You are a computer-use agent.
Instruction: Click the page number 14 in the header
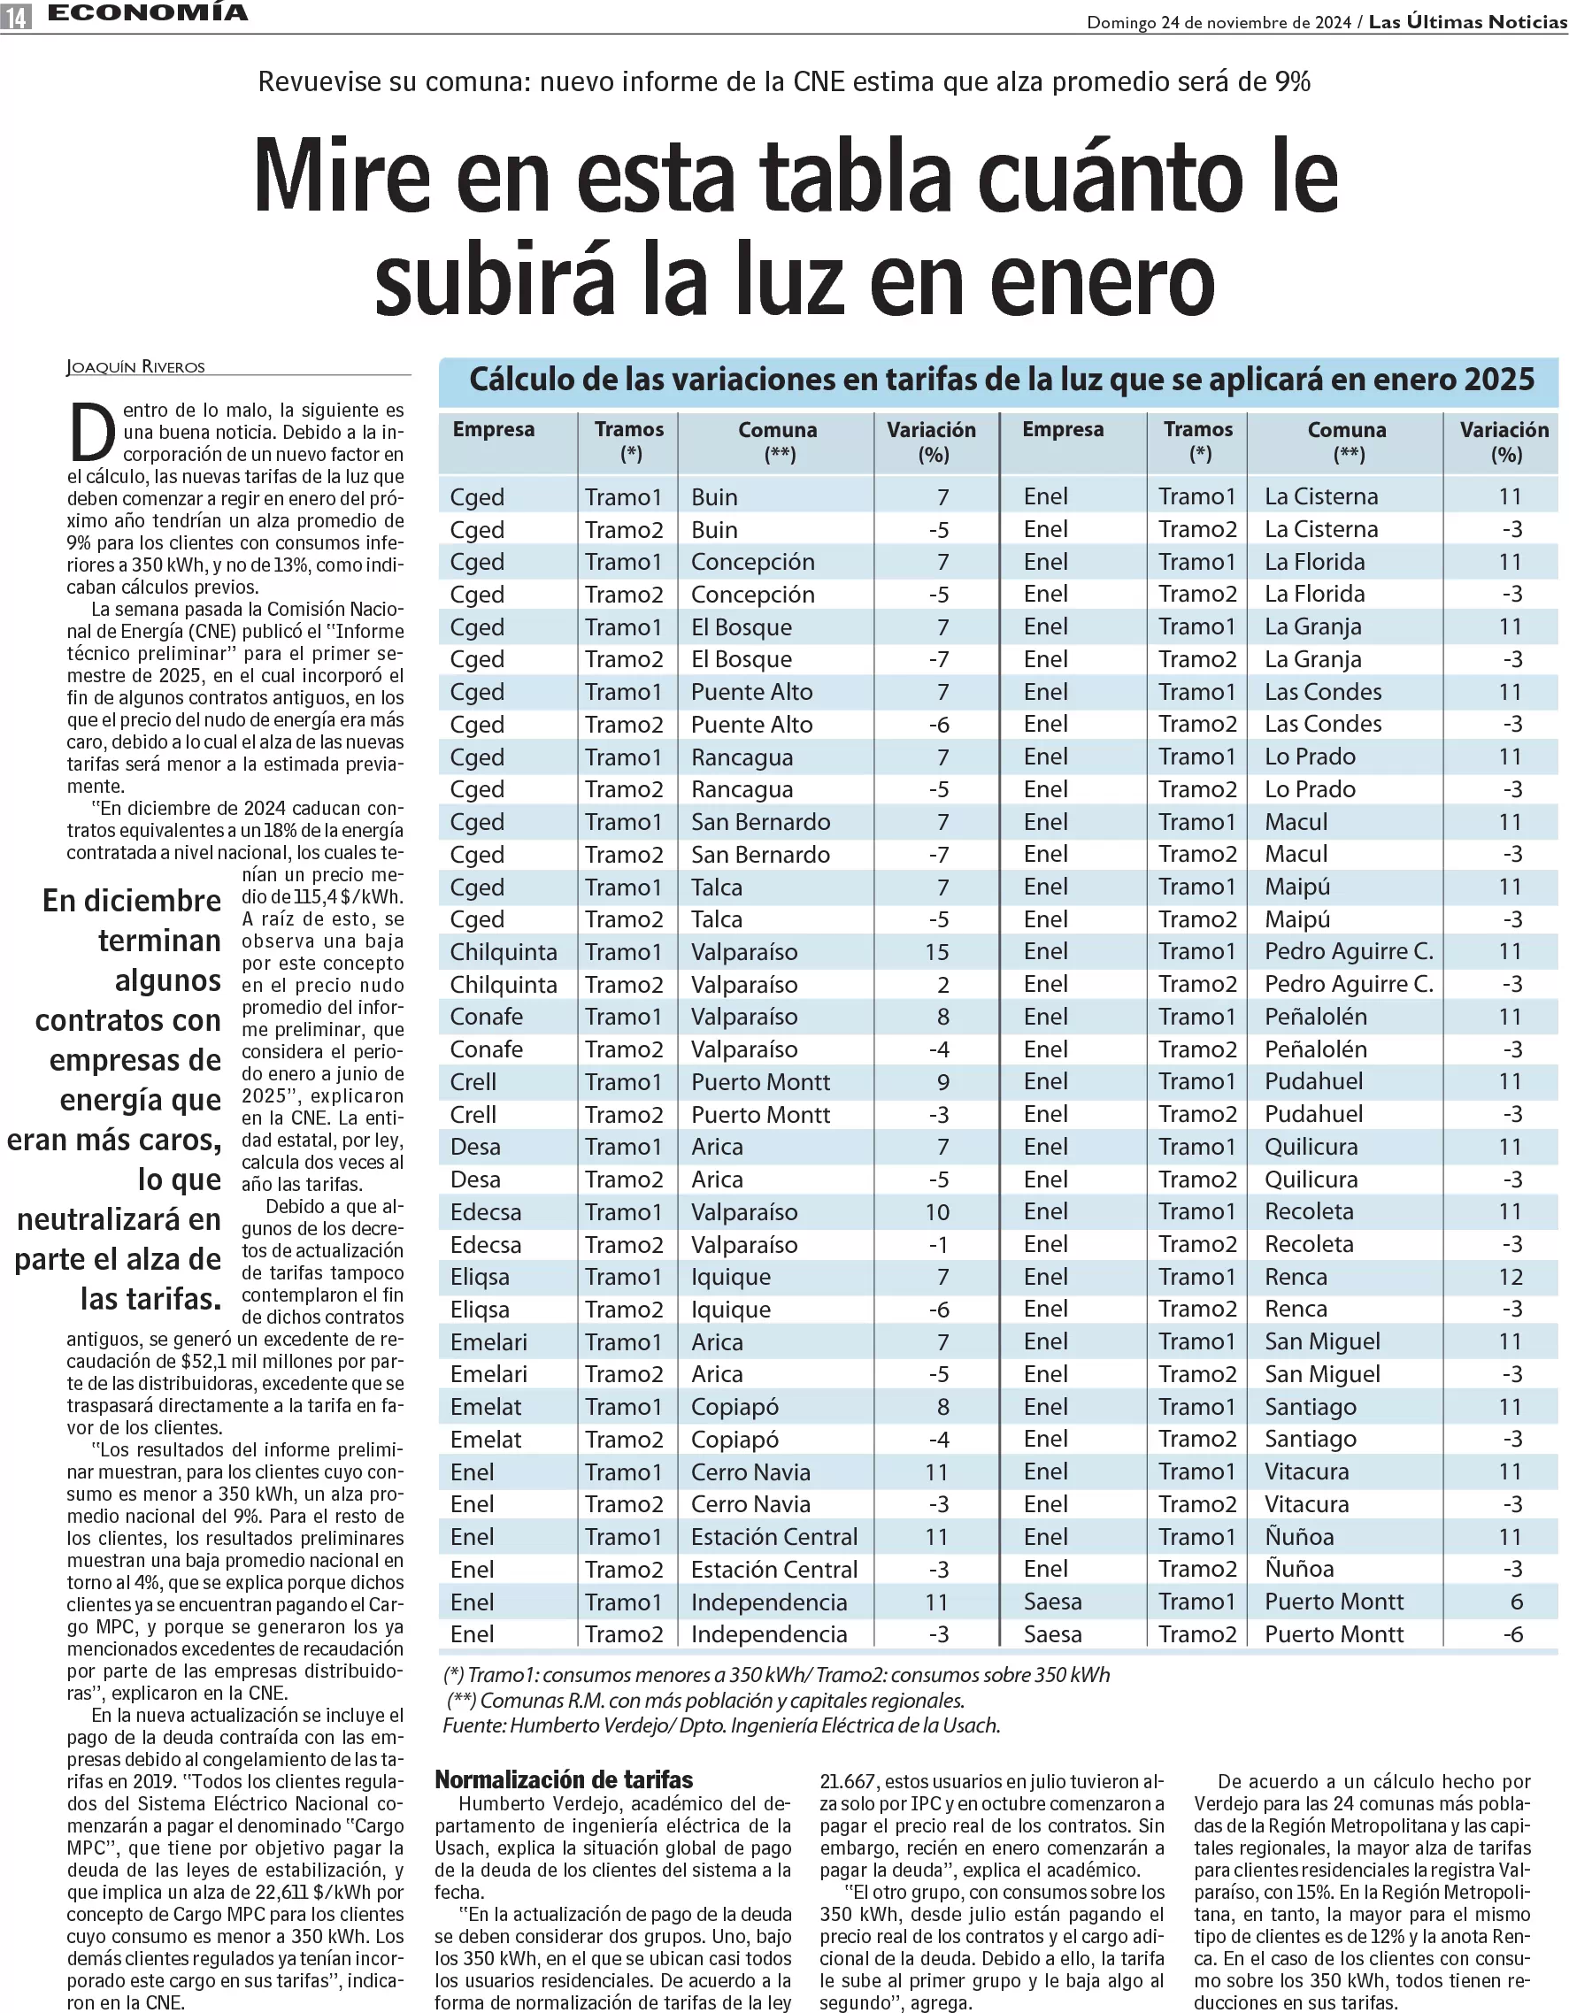[16, 16]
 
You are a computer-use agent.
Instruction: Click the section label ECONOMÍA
[148, 13]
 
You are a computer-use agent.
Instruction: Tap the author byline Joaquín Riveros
[135, 367]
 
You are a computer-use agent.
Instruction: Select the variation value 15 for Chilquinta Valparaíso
[936, 952]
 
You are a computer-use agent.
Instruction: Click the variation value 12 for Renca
[1510, 1277]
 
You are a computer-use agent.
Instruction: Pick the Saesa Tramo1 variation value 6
[1517, 1602]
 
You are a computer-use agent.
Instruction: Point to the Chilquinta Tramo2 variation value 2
[943, 984]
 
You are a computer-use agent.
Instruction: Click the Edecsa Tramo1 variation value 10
[936, 1212]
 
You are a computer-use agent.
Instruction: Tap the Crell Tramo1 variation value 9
[943, 1082]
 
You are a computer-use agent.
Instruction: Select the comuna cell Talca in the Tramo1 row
[716, 887]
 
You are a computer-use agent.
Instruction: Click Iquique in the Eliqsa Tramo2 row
[730, 1310]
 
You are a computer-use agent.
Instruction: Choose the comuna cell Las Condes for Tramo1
[1323, 692]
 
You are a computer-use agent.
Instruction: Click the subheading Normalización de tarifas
[563, 1779]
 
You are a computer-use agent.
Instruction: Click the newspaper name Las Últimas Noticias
[1467, 21]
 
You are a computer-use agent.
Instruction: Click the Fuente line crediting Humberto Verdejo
[721, 1725]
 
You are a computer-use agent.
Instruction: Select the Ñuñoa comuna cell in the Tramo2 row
[1299, 1569]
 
